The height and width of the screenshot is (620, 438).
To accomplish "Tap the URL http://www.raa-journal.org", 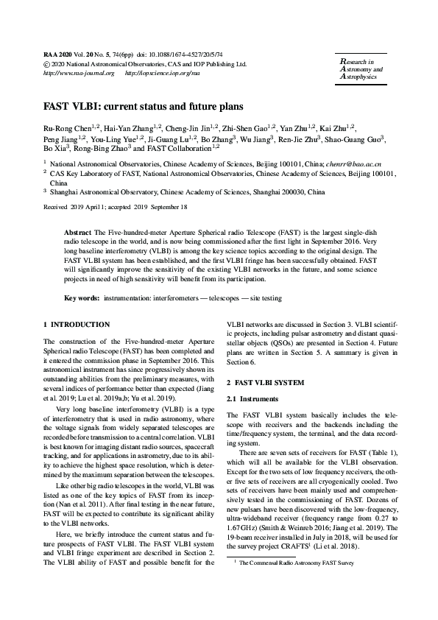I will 79,74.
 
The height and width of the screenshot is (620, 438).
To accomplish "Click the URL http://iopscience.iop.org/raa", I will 162,74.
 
